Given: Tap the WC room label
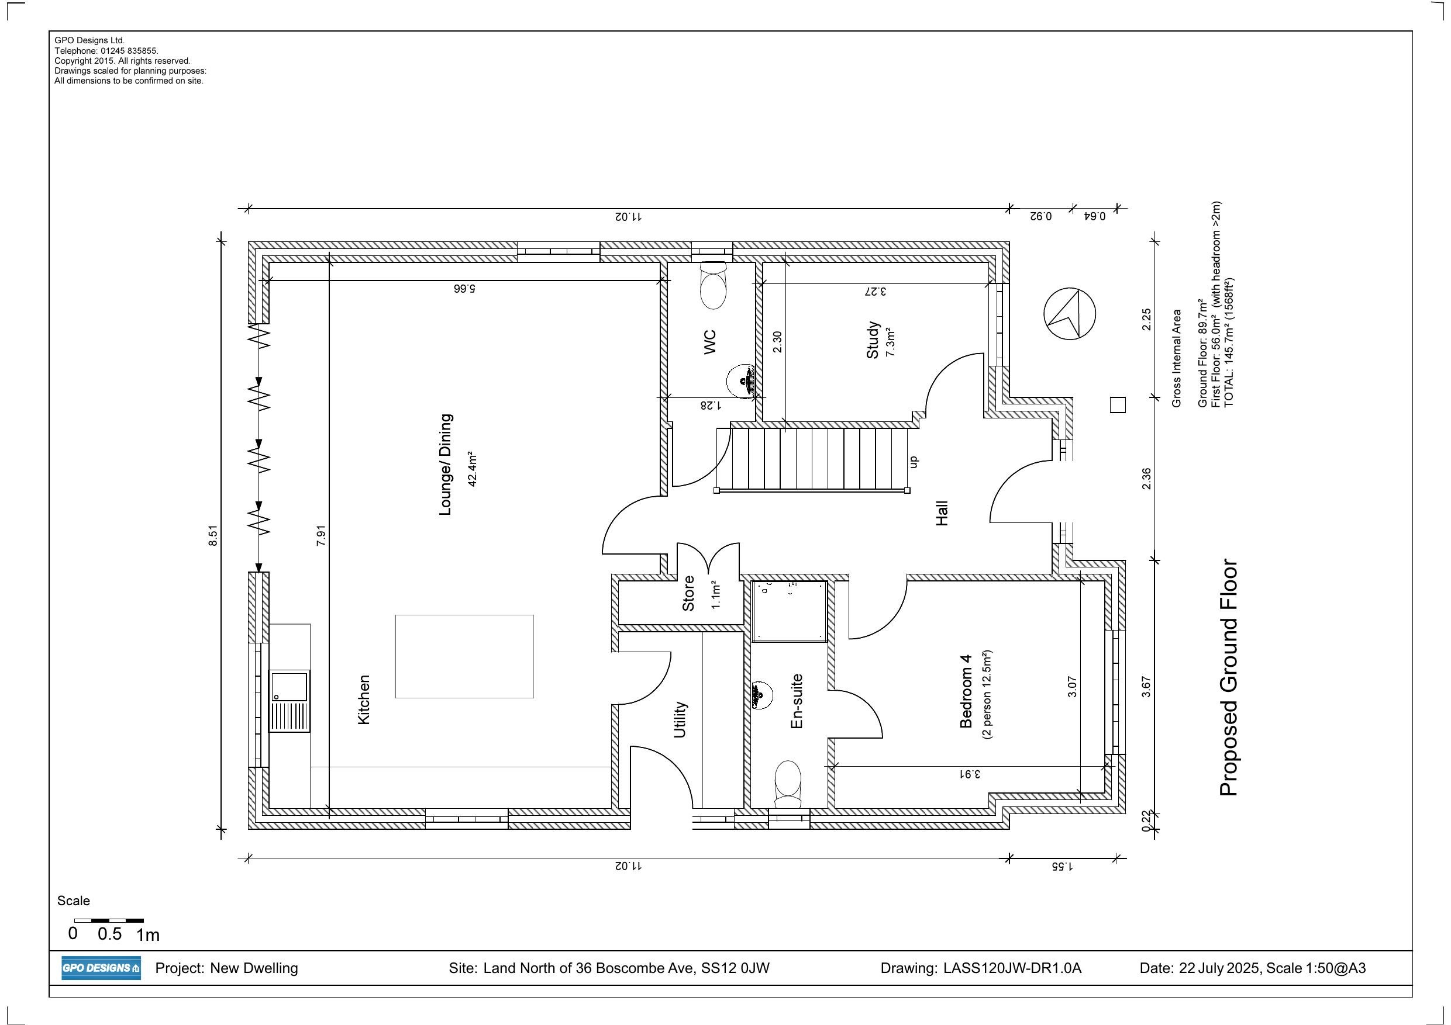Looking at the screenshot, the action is [711, 341].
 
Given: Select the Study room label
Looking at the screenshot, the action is [873, 341].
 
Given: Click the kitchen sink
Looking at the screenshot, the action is [289, 701].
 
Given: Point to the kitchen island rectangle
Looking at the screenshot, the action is [464, 656].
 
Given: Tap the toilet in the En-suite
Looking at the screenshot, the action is [787, 784].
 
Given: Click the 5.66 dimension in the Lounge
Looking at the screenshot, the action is [464, 289].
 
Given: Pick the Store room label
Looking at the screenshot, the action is [688, 594].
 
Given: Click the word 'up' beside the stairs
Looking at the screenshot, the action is [912, 462].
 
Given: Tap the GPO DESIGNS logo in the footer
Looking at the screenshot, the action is [101, 968].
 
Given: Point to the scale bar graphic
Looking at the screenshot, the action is [109, 921].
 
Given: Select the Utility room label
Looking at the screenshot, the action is [680, 719].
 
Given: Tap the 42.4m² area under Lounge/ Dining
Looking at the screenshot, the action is [471, 469].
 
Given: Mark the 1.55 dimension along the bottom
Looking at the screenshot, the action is [1062, 867].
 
